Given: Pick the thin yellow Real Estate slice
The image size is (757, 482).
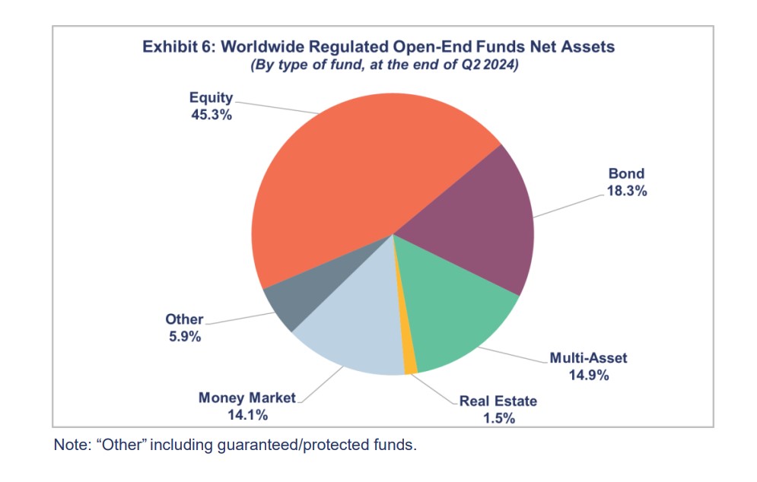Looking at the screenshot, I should pos(410,357).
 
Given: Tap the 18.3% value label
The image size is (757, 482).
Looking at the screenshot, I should pos(627,191).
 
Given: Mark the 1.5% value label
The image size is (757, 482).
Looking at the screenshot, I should pos(498,418).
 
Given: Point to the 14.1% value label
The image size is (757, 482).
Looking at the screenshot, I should pos(248,415).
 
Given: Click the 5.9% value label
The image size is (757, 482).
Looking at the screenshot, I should pos(185,337).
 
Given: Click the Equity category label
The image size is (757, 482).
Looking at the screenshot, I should pos(212,98).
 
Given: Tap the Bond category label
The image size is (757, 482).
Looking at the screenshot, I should pos(627,174).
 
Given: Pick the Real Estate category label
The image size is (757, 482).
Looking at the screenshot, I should pos(498,401).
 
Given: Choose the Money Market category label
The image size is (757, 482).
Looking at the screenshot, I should pos(248,398).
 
